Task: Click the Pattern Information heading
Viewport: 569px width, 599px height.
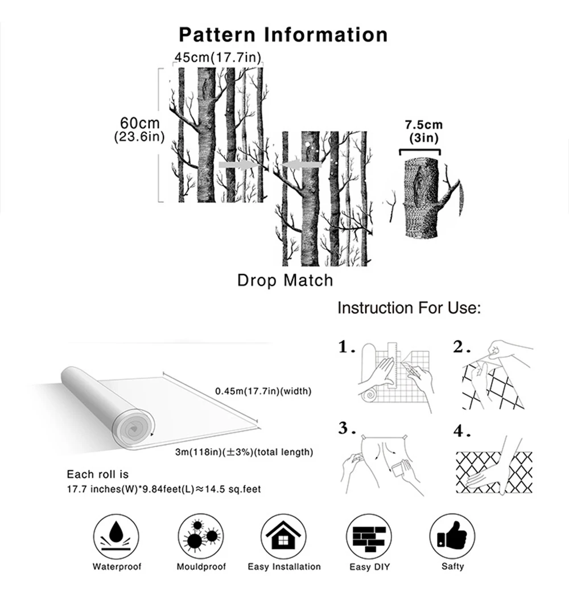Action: pos(283,34)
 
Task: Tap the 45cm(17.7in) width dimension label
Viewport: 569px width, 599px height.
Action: pos(217,58)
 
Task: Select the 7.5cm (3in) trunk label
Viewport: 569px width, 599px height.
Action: pos(423,131)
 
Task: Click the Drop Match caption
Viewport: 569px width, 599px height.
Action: pos(284,280)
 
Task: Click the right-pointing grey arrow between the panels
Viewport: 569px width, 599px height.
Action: pos(236,165)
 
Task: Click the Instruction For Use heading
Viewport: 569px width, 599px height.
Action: pos(410,308)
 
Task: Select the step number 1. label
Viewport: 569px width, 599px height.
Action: pos(347,347)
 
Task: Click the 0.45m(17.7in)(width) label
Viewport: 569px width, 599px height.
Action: pos(263,391)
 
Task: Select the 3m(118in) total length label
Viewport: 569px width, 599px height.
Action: pos(244,452)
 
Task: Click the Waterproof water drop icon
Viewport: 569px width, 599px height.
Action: pos(117,536)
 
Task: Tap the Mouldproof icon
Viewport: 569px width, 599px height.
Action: pos(200,536)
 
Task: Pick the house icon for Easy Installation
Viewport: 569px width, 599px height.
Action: pos(284,536)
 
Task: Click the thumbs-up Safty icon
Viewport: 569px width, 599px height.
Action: pos(452,536)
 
